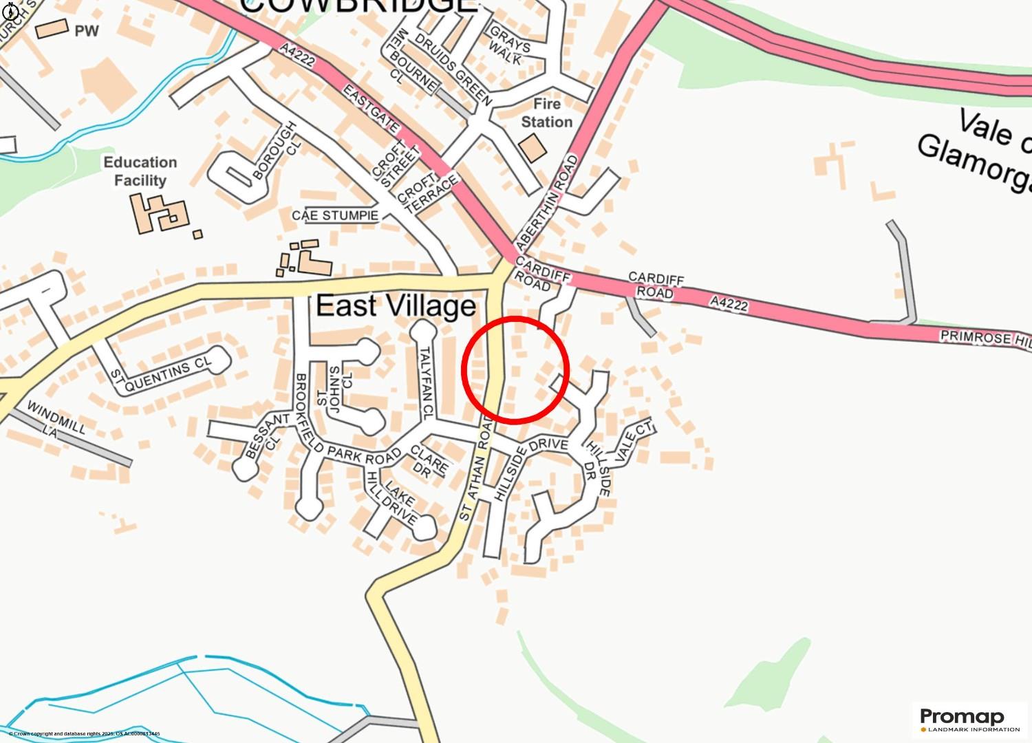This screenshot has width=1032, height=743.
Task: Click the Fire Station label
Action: click(x=546, y=113)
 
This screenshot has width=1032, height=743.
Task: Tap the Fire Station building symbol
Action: click(x=533, y=148)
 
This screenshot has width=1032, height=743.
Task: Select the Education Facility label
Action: click(x=140, y=171)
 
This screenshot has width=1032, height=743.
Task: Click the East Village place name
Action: click(x=396, y=305)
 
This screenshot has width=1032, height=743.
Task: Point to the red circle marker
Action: click(x=515, y=369)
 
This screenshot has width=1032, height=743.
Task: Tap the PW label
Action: click(x=87, y=31)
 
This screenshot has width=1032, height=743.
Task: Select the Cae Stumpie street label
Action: click(x=335, y=215)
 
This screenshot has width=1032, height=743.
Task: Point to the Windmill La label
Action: click(x=55, y=420)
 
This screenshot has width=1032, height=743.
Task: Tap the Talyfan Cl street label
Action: click(x=425, y=383)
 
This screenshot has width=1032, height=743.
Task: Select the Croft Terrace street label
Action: click(x=427, y=193)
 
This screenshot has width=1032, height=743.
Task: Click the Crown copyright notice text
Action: click(x=84, y=734)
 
